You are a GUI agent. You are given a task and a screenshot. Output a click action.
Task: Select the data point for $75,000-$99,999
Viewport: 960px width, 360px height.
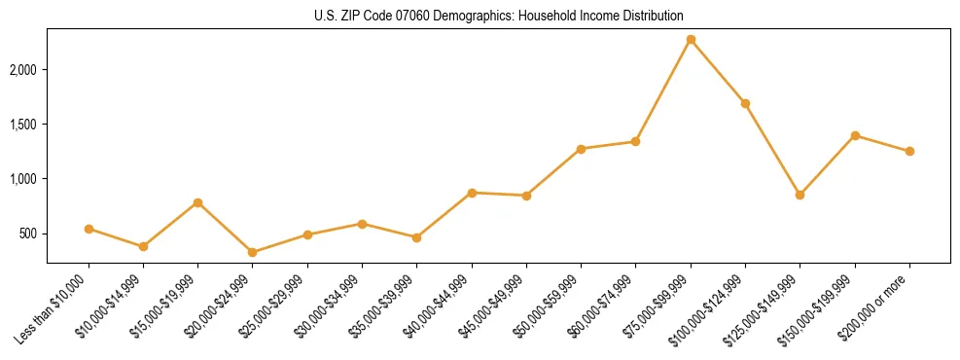pos(691,40)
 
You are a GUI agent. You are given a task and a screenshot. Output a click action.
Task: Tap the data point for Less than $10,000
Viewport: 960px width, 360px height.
pos(89,229)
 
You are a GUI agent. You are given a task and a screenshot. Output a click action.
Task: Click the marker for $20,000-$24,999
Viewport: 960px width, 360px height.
pos(253,252)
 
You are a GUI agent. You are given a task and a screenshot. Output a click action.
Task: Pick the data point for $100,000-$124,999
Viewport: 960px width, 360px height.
pos(745,103)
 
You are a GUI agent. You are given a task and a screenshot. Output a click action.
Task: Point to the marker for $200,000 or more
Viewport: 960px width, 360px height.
pos(909,151)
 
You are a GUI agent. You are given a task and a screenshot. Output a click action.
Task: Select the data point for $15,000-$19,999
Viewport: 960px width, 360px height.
pos(198,202)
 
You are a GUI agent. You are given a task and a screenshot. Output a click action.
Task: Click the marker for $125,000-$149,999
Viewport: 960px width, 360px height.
pos(800,195)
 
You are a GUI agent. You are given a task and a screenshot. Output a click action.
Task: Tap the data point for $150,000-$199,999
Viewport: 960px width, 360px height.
pos(855,135)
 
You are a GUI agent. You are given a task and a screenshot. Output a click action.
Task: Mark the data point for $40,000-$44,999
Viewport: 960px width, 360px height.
pos(472,193)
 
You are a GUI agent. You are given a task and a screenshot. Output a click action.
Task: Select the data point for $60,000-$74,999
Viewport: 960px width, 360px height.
pos(635,141)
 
